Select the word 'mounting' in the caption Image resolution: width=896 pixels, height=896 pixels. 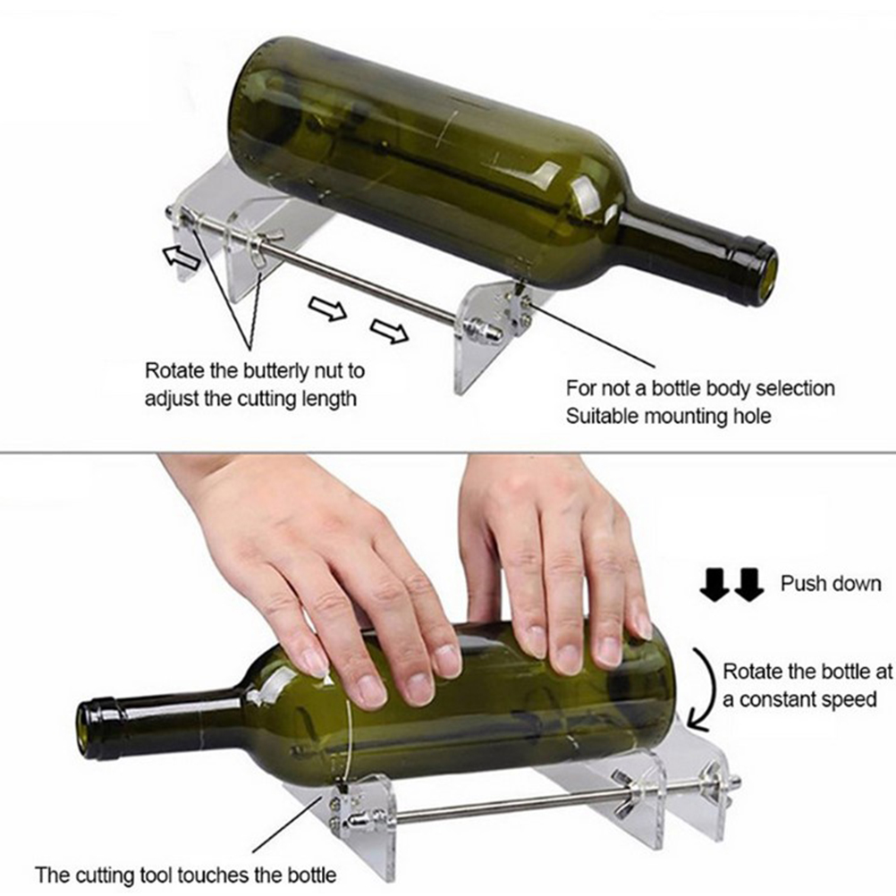pos(686,417)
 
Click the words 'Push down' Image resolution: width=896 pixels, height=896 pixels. pos(831,583)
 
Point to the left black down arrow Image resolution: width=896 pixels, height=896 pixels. pos(714,585)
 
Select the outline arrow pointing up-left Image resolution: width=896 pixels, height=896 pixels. pos(182,258)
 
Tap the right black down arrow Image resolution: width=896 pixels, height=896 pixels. pos(749,585)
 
